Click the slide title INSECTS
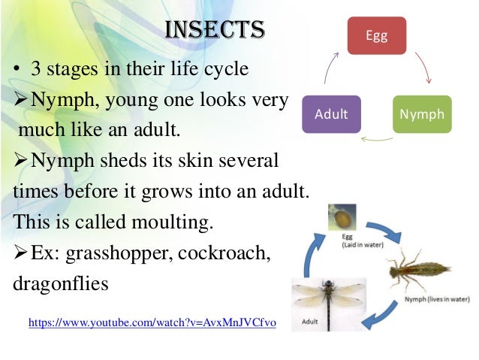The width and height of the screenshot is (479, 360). point(215,31)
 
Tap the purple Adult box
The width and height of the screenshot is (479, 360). point(331,115)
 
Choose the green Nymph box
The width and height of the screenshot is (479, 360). point(422,115)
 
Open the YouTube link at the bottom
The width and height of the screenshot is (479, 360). point(152,322)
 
